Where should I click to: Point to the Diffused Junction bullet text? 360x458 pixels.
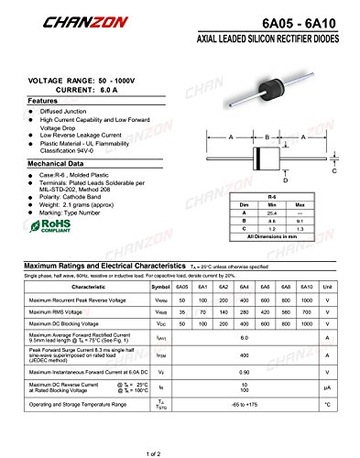pyautogui.click(x=66, y=111)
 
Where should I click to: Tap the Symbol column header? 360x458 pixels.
pyautogui.click(x=160, y=287)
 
